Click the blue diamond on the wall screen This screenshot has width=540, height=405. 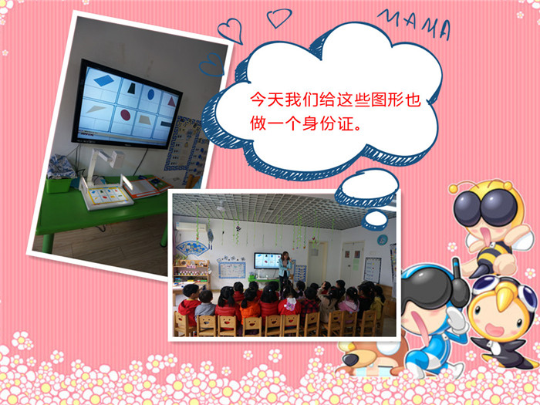pos(103,80)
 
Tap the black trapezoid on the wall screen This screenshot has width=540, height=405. pos(132,88)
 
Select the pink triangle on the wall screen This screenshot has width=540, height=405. pos(171,101)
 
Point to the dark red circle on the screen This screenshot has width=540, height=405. pos(126,115)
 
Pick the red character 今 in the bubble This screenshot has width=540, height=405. pos(258,100)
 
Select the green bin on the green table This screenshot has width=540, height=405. pos(59,184)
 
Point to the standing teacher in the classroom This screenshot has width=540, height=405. pos(285,268)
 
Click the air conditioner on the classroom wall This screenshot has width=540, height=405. pos(191,227)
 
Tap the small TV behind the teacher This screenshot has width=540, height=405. pos(268,261)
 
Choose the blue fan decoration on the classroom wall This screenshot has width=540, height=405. pos(193,248)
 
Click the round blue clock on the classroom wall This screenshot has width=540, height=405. pos(383,240)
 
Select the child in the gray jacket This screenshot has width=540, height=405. pos(206,305)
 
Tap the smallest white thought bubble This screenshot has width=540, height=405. pos(376,220)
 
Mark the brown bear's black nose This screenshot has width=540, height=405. pos(351,359)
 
